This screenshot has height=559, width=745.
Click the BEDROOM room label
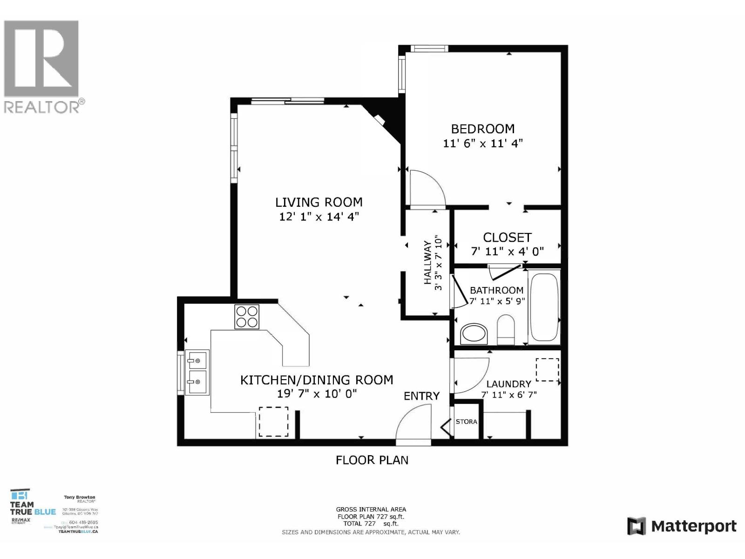click(482, 129)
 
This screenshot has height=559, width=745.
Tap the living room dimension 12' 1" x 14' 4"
click(319, 217)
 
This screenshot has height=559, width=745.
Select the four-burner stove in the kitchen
click(247, 317)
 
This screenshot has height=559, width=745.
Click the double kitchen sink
click(197, 372)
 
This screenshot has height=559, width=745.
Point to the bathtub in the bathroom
click(544, 307)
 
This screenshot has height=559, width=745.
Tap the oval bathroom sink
click(474, 334)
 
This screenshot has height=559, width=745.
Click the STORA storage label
click(466, 422)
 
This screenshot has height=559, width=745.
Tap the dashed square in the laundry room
click(547, 370)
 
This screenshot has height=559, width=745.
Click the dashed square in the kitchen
click(273, 422)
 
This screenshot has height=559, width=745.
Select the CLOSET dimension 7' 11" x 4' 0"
click(507, 252)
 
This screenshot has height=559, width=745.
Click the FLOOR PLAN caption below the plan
click(372, 460)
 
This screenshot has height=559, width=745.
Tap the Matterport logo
click(682, 526)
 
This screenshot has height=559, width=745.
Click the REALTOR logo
click(42, 65)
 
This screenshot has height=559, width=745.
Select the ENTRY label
click(421, 396)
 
